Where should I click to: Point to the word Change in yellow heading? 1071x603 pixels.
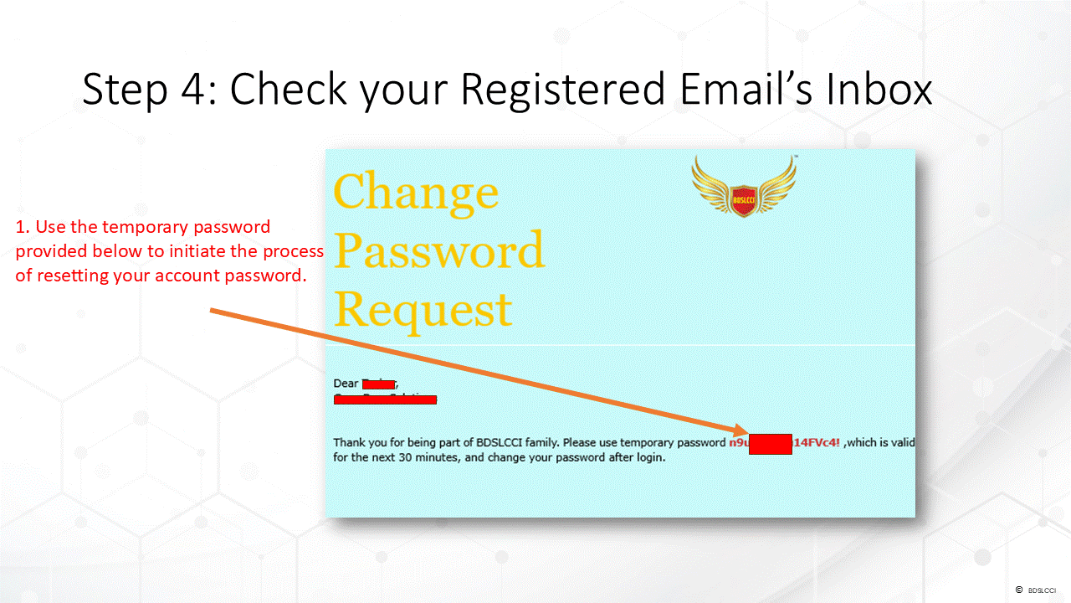tap(416, 192)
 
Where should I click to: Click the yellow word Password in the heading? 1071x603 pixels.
tap(439, 250)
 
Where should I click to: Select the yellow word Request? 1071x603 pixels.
tap(423, 310)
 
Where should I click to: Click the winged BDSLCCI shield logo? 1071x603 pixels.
tap(743, 187)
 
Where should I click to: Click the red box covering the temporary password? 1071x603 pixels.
tap(770, 443)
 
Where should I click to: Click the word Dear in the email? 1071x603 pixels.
tap(346, 384)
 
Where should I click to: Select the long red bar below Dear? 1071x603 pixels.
tap(385, 400)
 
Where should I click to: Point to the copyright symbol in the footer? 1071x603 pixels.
tap(1018, 590)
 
